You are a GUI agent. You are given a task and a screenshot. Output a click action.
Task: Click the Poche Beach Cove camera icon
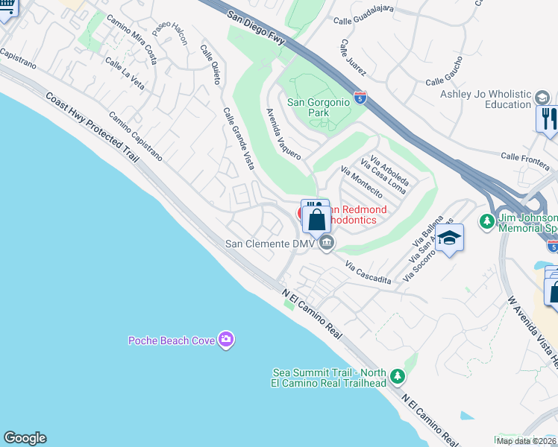click(x=226, y=340)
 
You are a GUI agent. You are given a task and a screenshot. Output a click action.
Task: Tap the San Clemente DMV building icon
click(x=326, y=243)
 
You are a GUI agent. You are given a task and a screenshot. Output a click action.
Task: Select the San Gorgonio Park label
click(x=319, y=107)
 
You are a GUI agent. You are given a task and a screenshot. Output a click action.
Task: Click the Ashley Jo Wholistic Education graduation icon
click(x=542, y=98)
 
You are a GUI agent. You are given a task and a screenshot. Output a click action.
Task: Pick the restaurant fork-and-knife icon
click(x=548, y=118)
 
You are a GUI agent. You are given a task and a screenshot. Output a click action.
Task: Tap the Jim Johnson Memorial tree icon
click(x=487, y=221)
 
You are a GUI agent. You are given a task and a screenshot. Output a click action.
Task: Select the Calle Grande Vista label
click(x=239, y=138)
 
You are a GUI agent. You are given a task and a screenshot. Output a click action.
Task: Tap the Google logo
click(x=25, y=438)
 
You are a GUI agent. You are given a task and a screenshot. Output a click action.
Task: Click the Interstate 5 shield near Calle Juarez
click(x=360, y=98)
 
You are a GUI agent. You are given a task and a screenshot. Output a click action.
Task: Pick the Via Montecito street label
click(x=356, y=182)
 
